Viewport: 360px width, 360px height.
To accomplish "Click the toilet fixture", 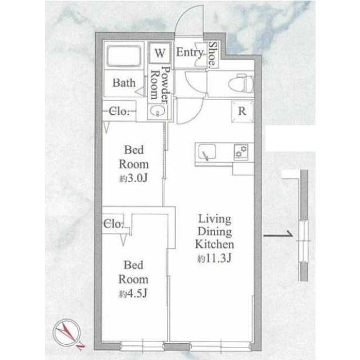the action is coord(241,83).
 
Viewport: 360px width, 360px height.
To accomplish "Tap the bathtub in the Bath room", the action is coord(124,56).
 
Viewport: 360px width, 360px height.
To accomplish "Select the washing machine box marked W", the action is coord(160,53).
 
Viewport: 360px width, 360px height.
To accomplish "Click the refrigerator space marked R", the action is coord(242,111).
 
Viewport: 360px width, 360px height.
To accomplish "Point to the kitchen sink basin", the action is coord(207,152).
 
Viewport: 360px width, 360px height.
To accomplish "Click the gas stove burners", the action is coord(241,152).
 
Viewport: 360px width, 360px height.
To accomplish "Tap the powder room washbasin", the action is coord(157,111).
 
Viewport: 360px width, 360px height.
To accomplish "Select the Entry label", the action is coord(190,52).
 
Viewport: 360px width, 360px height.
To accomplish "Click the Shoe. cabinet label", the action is coord(213,54).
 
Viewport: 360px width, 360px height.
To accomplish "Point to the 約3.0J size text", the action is coord(133,178).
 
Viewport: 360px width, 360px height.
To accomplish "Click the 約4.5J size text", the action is coord(133,294).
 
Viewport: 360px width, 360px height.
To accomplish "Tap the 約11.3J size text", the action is coord(214,259).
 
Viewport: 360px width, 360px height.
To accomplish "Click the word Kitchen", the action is coord(215,244).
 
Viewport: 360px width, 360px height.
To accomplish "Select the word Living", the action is coord(215,219).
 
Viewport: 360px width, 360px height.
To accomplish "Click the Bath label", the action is coord(124,83).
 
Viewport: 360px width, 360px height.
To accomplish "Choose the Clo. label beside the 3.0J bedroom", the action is coord(119,111).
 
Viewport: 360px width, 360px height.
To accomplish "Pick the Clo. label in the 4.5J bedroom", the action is coord(114,224).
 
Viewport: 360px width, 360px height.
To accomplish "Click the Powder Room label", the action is coord(160,85).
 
